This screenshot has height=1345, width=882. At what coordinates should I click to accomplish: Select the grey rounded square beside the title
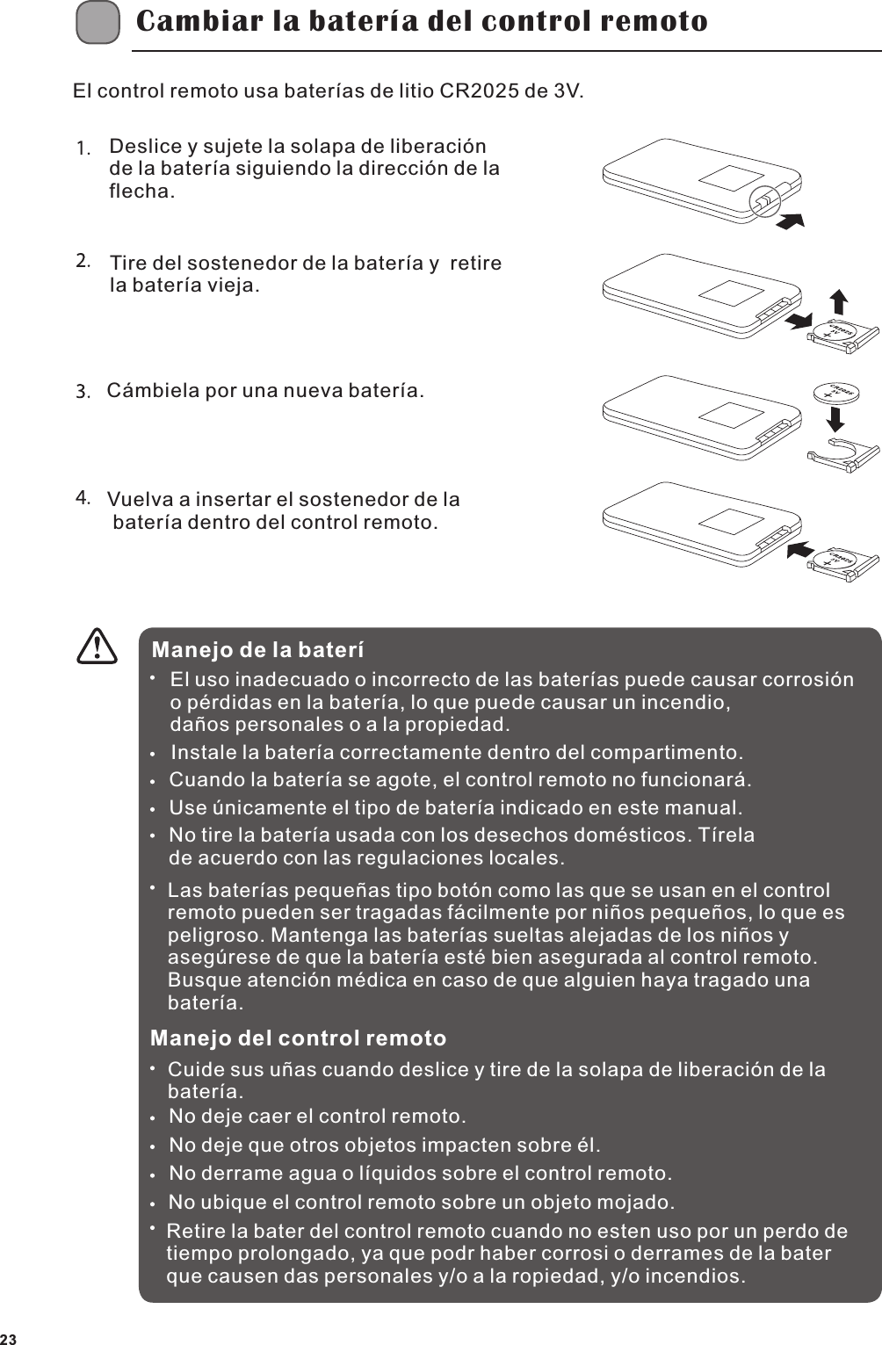pyautogui.click(x=98, y=23)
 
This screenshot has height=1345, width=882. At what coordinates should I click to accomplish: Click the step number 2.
pyautogui.click(x=83, y=261)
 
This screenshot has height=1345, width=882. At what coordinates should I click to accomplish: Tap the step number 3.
pyautogui.click(x=83, y=391)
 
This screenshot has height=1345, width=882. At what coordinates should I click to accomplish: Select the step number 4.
pyautogui.click(x=83, y=498)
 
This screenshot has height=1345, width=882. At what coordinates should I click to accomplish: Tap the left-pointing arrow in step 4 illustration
pyautogui.click(x=799, y=549)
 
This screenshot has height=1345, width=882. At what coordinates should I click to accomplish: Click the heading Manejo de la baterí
pyautogui.click(x=257, y=651)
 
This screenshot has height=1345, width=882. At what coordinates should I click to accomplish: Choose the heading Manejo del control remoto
pyautogui.click(x=298, y=1038)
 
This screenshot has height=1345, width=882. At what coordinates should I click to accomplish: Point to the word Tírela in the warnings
pyautogui.click(x=726, y=835)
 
